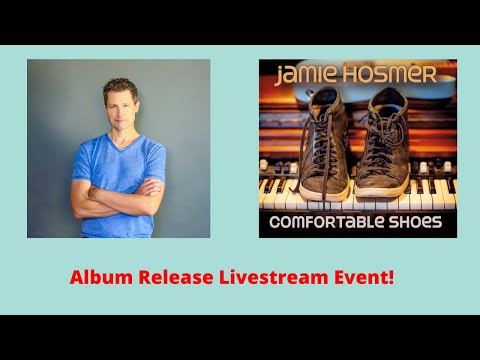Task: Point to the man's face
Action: (x=119, y=107)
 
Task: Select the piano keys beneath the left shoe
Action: (x=290, y=195)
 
